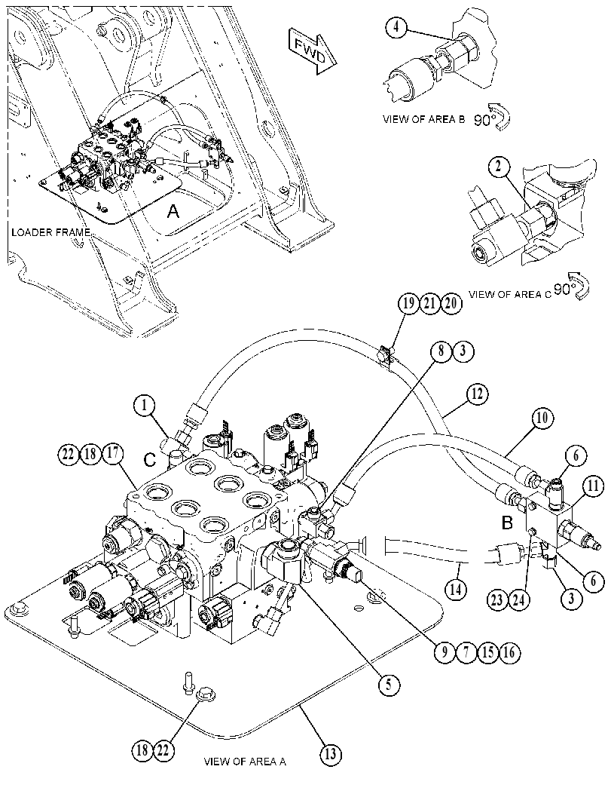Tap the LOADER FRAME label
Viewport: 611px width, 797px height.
(50, 232)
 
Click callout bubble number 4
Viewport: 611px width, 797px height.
(397, 29)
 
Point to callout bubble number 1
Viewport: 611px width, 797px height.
(145, 406)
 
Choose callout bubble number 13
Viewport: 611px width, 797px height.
(331, 754)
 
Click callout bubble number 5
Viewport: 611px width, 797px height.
(389, 685)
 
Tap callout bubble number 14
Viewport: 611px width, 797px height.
(456, 590)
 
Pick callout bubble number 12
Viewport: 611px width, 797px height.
(476, 394)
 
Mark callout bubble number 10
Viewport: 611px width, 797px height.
(542, 418)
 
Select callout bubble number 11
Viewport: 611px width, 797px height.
(592, 486)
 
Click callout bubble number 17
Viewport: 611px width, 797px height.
(113, 454)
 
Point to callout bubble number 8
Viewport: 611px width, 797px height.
(441, 351)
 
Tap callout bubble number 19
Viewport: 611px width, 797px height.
(408, 304)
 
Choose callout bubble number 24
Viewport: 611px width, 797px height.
(518, 600)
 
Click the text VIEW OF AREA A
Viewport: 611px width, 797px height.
(245, 762)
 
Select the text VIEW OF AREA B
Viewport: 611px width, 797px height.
(423, 119)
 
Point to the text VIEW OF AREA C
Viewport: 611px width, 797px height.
(509, 294)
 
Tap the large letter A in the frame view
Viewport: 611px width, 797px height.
(173, 211)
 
